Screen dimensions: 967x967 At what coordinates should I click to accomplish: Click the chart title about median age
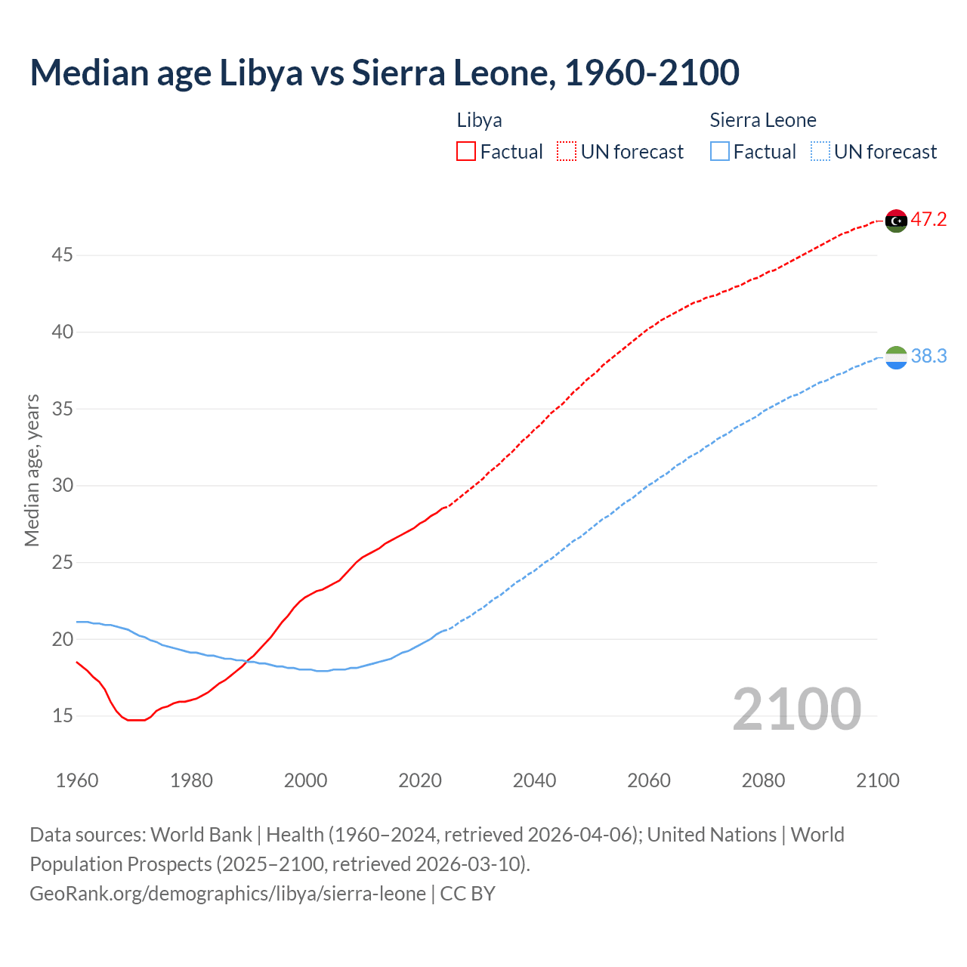point(385,73)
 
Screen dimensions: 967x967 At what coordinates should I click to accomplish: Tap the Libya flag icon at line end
point(896,221)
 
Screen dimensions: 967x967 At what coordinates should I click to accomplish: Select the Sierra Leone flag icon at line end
point(896,357)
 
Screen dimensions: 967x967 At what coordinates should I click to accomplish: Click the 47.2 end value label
point(928,220)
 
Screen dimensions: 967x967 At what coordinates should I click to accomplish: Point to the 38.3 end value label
point(928,356)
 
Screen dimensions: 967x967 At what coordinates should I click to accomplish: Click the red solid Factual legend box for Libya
point(466,152)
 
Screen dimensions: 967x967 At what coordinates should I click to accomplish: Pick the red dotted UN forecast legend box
point(567,152)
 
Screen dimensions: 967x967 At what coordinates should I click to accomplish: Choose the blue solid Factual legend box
point(720,152)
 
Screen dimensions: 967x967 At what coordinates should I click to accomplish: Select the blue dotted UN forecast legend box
point(820,152)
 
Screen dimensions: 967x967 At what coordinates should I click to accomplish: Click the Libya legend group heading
point(479,120)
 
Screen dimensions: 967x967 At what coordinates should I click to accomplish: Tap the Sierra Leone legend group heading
point(763,120)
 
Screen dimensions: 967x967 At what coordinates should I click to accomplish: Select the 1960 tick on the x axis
point(77,780)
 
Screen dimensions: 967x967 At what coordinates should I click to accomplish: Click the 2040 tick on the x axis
point(534,780)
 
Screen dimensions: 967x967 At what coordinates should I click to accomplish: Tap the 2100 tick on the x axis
point(877,780)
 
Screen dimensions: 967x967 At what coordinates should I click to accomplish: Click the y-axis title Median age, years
point(32,470)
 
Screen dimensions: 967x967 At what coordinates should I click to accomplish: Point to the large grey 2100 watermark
point(796,709)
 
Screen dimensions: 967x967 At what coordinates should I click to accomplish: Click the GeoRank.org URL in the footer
point(227,894)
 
